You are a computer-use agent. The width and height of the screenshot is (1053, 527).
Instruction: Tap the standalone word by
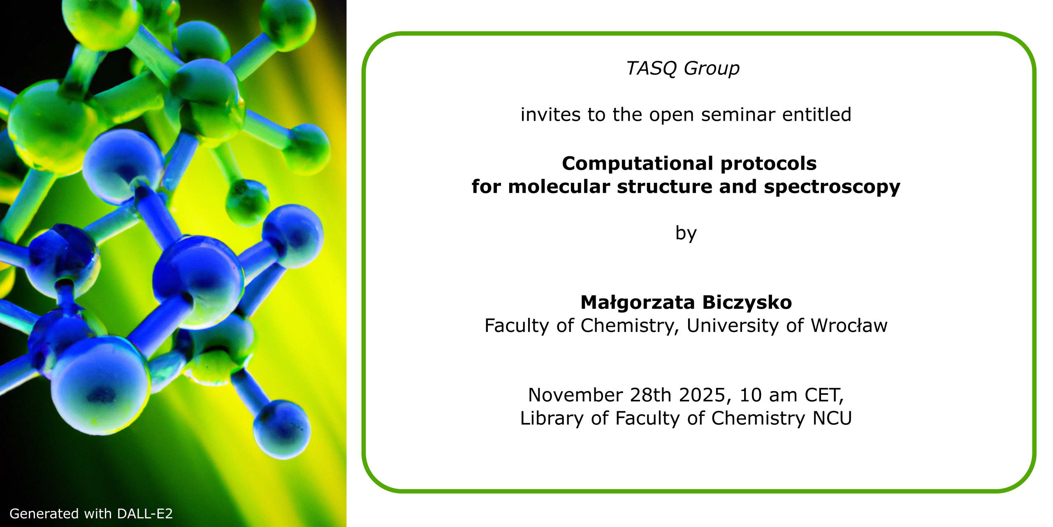[686, 233]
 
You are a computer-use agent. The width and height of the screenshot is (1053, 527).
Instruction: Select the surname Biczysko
[747, 303]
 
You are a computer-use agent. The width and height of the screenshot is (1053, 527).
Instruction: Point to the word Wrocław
[849, 326]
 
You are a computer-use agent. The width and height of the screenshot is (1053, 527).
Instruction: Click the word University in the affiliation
[733, 326]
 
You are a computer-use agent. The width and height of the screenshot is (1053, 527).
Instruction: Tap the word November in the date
[575, 395]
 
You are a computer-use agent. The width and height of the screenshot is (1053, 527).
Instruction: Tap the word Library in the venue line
[552, 419]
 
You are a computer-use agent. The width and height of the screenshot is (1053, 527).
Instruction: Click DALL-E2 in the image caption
[145, 514]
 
